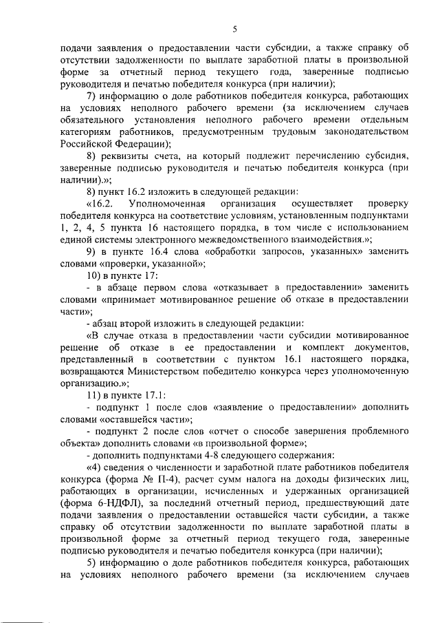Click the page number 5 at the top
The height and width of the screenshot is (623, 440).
coord(234,29)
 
